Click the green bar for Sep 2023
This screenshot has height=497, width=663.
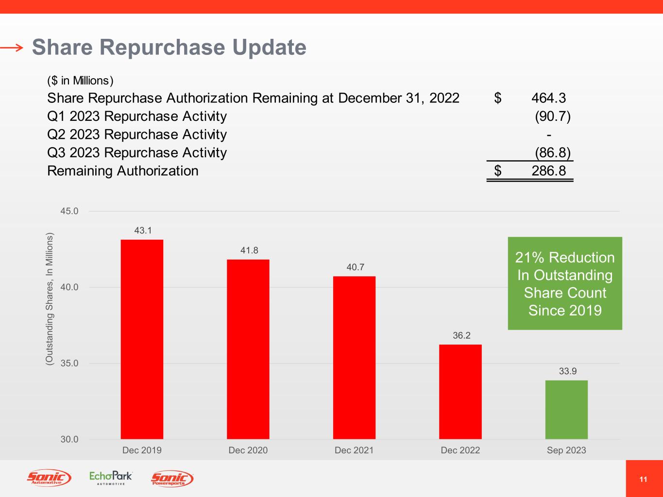pyautogui.click(x=566, y=410)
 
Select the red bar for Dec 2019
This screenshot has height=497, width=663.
pyautogui.click(x=142, y=339)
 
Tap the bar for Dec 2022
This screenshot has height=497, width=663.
pyautogui.click(x=460, y=392)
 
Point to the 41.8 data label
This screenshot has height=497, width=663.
pyautogui.click(x=249, y=250)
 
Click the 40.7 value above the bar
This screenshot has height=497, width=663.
pyautogui.click(x=355, y=267)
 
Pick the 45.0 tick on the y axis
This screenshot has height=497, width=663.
pyautogui.click(x=69, y=211)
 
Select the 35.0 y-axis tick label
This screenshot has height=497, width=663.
pyautogui.click(x=69, y=363)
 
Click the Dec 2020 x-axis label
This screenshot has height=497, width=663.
pyautogui.click(x=248, y=450)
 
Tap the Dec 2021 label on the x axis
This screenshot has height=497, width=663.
pyautogui.click(x=354, y=450)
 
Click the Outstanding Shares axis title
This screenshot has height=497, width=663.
pyautogui.click(x=49, y=299)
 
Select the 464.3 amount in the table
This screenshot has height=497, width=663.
pyautogui.click(x=548, y=99)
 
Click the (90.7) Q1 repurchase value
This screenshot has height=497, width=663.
pyautogui.click(x=552, y=116)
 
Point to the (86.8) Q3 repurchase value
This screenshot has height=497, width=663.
pyautogui.click(x=552, y=153)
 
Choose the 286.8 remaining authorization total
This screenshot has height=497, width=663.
pyautogui.click(x=548, y=171)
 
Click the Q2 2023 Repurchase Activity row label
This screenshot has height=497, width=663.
pyautogui.click(x=137, y=134)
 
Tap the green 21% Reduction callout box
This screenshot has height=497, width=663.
pyautogui.click(x=565, y=283)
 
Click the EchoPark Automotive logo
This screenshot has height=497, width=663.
pyautogui.click(x=111, y=478)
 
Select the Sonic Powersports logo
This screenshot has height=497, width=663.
pyautogui.click(x=172, y=479)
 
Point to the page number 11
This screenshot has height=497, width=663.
pyautogui.click(x=643, y=480)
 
